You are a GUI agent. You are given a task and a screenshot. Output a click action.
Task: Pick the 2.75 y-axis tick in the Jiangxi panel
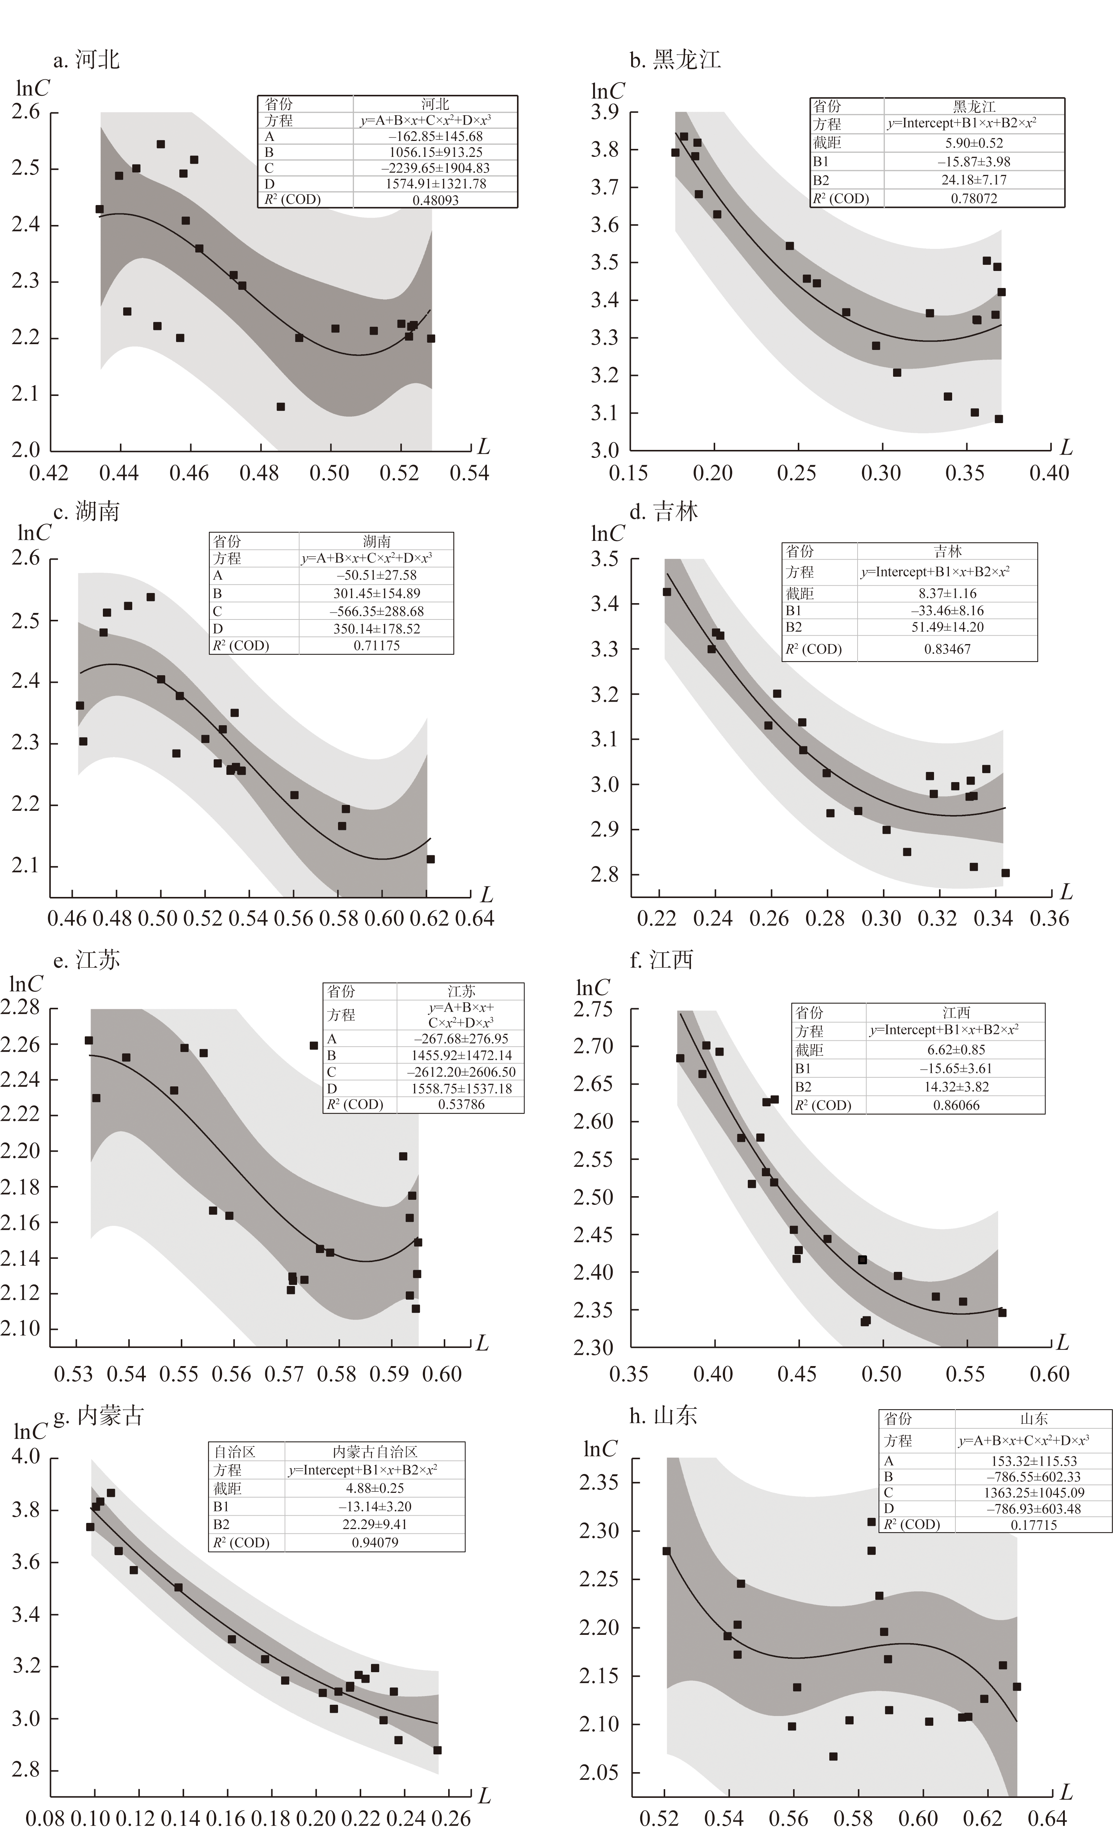(593, 1010)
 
